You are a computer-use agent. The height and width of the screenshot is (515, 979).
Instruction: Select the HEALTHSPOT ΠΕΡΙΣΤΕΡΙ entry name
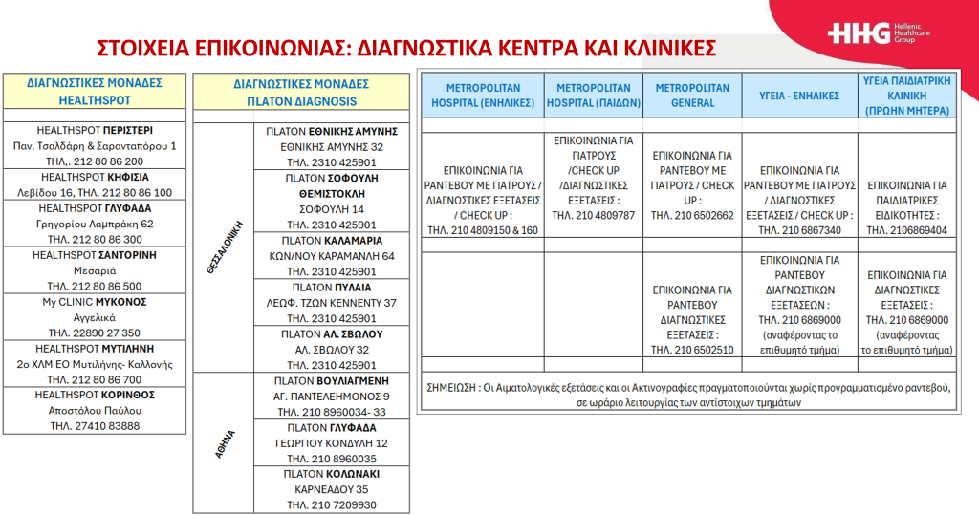pyautogui.click(x=95, y=130)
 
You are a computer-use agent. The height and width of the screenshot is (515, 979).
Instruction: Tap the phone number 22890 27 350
pyautogui.click(x=95, y=333)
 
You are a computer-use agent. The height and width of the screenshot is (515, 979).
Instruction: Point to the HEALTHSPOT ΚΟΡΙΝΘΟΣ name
pyautogui.click(x=95, y=395)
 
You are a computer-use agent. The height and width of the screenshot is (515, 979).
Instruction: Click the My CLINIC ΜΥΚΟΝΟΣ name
pyautogui.click(x=95, y=301)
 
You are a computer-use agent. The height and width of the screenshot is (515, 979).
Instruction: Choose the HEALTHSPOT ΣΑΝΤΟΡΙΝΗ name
pyautogui.click(x=95, y=255)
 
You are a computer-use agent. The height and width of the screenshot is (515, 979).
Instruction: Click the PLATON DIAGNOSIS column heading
pyautogui.click(x=295, y=92)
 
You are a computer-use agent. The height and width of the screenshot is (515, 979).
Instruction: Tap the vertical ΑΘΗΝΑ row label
pyautogui.click(x=218, y=443)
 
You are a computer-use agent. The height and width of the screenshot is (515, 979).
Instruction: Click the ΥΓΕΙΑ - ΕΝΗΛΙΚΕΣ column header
pyautogui.click(x=798, y=96)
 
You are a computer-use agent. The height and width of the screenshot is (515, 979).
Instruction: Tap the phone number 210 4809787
pyautogui.click(x=593, y=215)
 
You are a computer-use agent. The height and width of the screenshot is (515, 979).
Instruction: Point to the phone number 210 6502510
pyautogui.click(x=692, y=350)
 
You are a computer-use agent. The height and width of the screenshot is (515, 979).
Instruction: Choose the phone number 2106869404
pyautogui.click(x=906, y=230)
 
